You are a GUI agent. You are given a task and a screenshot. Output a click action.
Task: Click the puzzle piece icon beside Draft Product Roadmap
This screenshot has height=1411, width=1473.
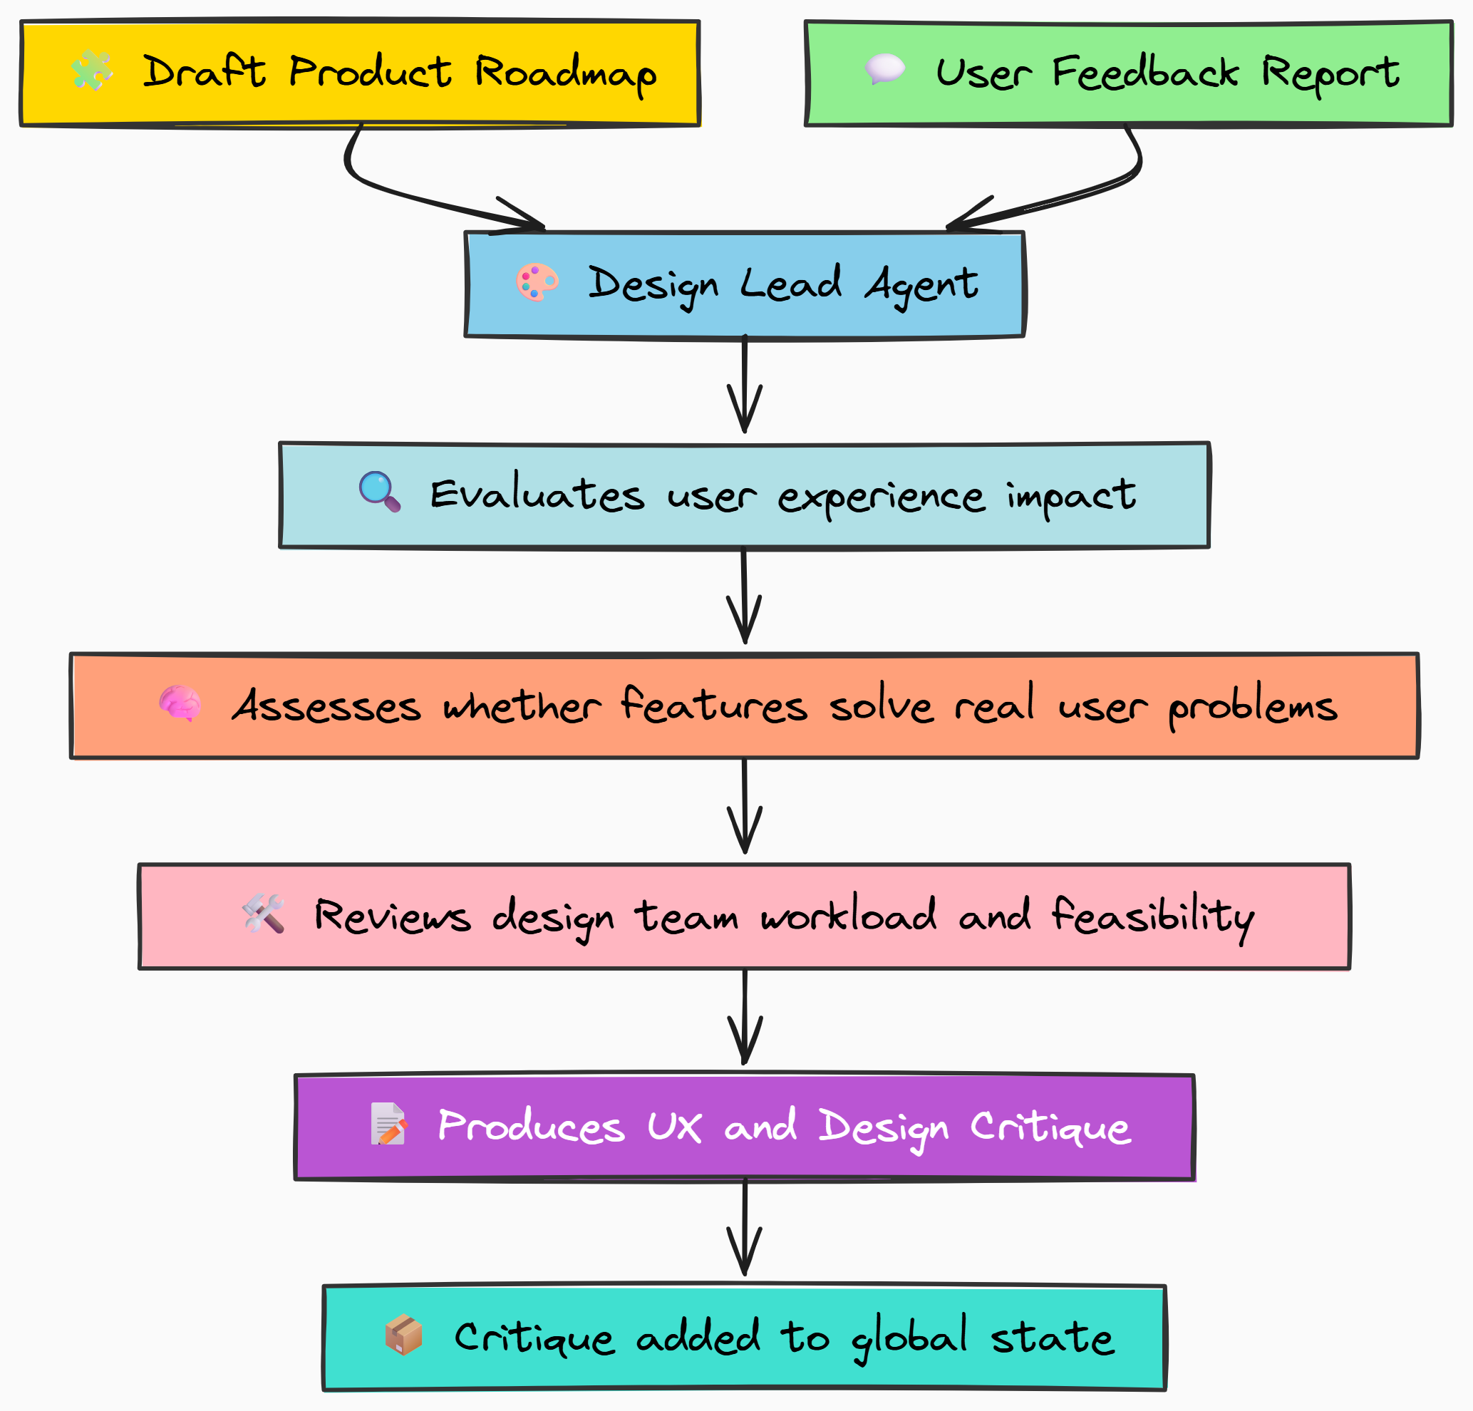(92, 71)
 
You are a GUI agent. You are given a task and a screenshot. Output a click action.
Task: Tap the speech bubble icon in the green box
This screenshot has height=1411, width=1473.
(884, 69)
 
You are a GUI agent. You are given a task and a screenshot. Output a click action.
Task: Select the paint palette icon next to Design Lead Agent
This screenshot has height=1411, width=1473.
(537, 282)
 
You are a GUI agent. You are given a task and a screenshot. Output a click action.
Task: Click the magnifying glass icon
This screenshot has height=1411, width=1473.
(380, 492)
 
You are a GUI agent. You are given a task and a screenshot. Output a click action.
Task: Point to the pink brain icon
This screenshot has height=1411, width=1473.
(180, 703)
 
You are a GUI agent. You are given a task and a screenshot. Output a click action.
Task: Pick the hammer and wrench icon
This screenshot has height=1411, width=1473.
(264, 914)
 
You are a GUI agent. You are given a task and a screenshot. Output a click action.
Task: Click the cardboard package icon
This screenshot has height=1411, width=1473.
(403, 1335)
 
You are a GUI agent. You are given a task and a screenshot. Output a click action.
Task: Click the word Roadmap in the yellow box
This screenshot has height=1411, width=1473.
(565, 73)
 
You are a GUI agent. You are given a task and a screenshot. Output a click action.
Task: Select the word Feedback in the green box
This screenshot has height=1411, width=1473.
(1144, 73)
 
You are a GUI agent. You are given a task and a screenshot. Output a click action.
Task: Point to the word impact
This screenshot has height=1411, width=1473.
(1071, 496)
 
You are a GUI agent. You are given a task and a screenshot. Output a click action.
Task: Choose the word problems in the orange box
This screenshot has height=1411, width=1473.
(1253, 707)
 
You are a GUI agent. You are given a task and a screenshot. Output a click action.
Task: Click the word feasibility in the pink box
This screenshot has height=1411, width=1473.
(1153, 917)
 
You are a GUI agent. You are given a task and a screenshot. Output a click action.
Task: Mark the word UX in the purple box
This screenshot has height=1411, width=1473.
(674, 1126)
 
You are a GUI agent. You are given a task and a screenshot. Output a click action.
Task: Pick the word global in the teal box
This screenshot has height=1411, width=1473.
(909, 1338)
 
